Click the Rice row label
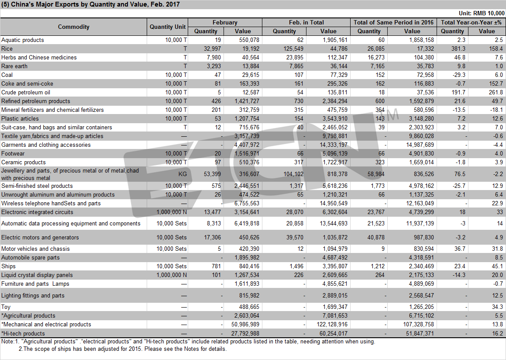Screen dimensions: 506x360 [7, 49]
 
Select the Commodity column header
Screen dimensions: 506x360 [74, 27]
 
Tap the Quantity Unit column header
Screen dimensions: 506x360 [168, 27]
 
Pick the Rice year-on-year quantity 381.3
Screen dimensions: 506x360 [458, 49]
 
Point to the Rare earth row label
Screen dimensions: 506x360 [14, 66]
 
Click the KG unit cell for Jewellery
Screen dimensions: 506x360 [182, 174]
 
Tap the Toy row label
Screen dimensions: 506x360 [6, 307]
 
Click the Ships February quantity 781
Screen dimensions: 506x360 [216, 267]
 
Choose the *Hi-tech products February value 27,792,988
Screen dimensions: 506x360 [245, 333]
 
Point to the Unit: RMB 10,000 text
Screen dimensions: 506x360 [482, 13]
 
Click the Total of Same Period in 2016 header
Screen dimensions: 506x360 [393, 22]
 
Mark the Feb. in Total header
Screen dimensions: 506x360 [306, 22]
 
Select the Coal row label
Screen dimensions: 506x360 [7, 75]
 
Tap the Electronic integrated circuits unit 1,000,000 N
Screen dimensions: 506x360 [172, 212]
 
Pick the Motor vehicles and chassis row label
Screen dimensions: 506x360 [35, 249]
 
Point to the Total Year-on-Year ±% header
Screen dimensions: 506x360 [471, 22]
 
